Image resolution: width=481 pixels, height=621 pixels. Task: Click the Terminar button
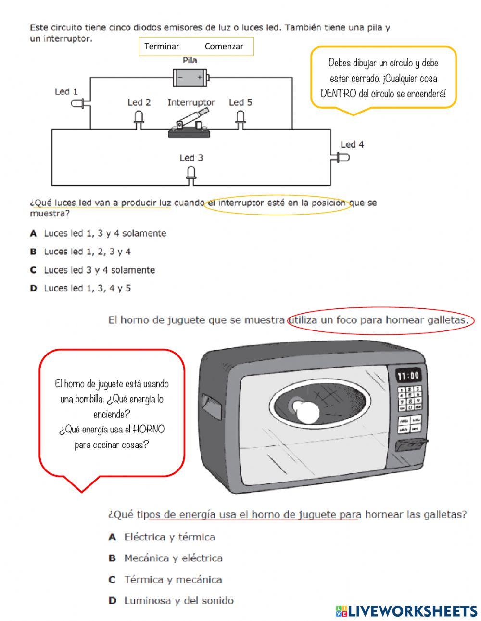[162, 47]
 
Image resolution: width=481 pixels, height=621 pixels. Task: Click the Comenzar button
[224, 47]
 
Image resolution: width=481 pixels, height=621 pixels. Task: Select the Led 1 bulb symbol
[78, 103]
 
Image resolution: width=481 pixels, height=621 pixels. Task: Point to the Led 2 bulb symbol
[139, 118]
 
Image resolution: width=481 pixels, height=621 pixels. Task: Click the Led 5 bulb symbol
[240, 118]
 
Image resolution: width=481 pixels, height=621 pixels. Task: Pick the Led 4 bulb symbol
[342, 157]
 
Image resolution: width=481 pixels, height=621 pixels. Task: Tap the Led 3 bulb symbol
[191, 174]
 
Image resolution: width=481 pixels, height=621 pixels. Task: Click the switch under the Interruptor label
[189, 124]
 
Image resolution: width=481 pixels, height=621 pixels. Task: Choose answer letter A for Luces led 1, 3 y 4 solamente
[34, 233]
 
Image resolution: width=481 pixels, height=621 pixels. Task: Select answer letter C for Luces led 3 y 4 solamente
[34, 270]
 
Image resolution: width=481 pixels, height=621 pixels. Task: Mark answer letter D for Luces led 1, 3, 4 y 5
[34, 288]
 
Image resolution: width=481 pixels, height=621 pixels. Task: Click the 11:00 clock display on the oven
[408, 375]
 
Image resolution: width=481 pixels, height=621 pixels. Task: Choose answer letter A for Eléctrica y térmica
[113, 537]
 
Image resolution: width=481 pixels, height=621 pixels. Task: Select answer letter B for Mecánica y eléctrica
[113, 558]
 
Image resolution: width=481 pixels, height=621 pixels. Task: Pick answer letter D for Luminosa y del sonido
[113, 600]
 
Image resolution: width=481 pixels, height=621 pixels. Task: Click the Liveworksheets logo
[406, 611]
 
